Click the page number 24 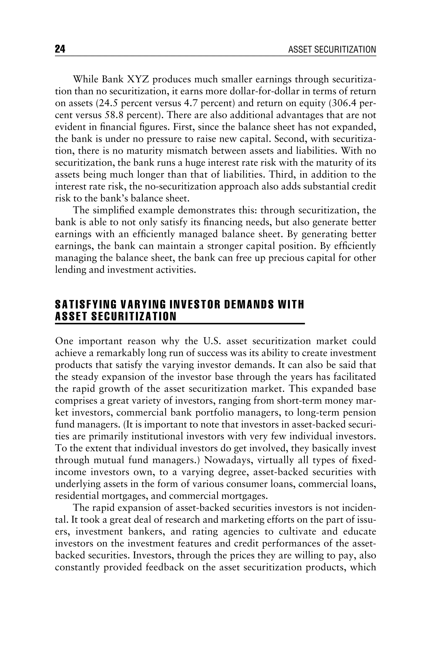click(60, 49)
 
